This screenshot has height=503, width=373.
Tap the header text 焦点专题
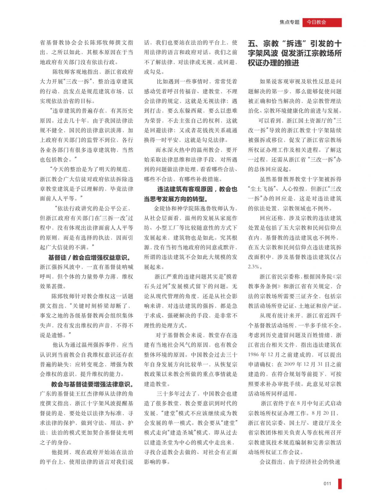[289, 22]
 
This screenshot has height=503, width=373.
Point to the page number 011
[327, 483]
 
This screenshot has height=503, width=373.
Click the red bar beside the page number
[340, 483]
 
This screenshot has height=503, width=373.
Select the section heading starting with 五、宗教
[295, 53]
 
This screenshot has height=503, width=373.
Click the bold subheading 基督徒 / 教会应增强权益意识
[89, 258]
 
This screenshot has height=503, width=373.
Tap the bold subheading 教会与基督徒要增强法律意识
[92, 384]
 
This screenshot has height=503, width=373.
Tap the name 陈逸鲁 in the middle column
[195, 208]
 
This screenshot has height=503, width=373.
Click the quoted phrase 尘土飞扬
[263, 189]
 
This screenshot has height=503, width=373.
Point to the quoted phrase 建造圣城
[185, 433]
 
